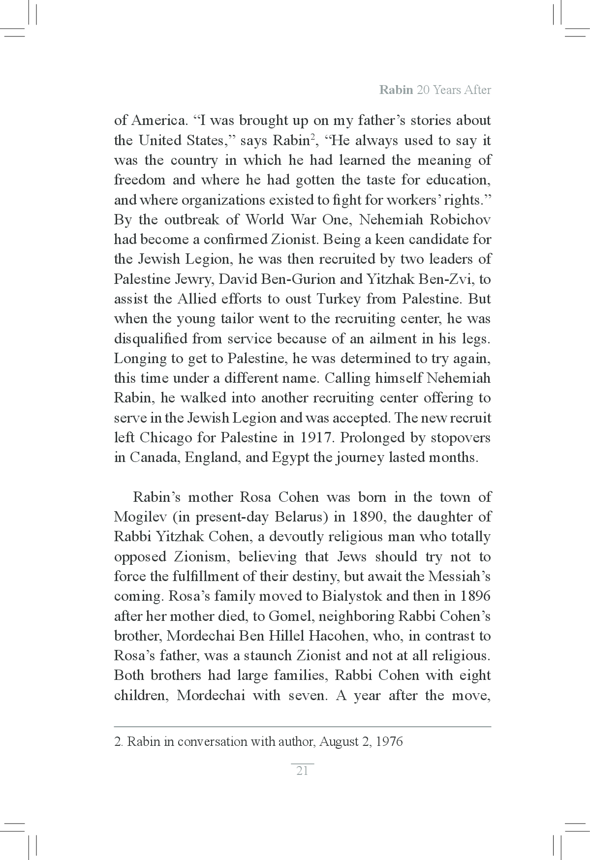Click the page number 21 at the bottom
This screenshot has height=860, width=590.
302,770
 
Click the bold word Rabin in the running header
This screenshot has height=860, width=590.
396,90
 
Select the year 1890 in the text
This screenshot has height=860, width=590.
366,517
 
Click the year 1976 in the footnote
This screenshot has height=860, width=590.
389,742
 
